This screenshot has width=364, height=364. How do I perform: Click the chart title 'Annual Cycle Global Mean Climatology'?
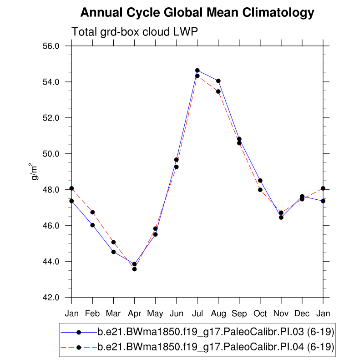coord(197,13)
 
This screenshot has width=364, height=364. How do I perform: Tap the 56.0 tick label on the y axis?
coord(51,46)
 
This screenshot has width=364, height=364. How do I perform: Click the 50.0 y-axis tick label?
coord(51,154)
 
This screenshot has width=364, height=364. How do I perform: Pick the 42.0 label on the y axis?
coord(51,298)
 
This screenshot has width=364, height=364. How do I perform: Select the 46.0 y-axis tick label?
coord(51,226)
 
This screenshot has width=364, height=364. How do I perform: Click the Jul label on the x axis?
coord(197,314)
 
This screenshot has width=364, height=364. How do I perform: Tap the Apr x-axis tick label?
coord(134,314)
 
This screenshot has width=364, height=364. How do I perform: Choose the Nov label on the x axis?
coord(281,314)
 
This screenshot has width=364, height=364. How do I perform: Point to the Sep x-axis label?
coord(239,314)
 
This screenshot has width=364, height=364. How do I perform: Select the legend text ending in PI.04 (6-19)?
coord(216,347)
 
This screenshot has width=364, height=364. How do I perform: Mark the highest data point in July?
coord(197,71)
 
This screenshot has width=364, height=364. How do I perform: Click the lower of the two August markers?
coord(218,91)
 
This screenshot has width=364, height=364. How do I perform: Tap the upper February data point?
coord(92,212)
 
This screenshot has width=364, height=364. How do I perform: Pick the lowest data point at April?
coord(135,269)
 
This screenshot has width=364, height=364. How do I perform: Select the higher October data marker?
coord(260,181)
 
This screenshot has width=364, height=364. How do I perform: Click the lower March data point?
coord(113,252)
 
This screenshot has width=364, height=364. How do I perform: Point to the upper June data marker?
coord(177,160)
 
